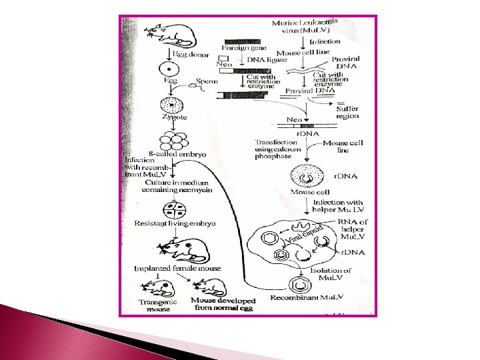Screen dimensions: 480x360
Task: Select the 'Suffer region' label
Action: (x=347, y=111)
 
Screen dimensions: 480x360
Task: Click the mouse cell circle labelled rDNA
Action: (x=307, y=178)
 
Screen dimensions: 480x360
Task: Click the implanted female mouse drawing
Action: (x=179, y=251)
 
